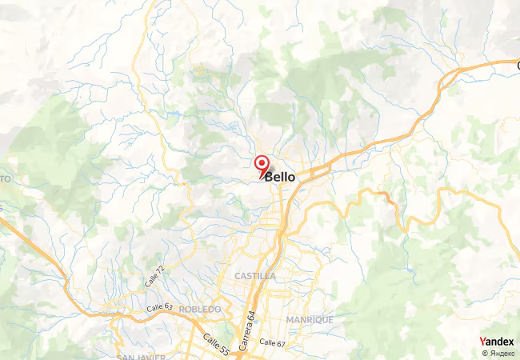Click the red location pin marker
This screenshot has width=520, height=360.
coord(262,165)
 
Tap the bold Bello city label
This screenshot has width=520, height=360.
coord(280,177)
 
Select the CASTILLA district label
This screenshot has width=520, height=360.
coord(255,276)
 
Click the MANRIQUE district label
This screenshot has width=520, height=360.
coord(310,319)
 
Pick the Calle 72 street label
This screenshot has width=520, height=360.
coord(157,279)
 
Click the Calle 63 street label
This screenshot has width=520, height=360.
coord(160,307)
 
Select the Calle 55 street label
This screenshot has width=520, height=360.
coord(215,343)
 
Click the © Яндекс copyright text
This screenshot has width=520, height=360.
coord(498,353)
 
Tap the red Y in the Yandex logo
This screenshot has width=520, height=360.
coord(482,342)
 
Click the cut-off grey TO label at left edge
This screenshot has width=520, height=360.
coord(5,179)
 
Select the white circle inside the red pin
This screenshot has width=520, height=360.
coord(262,162)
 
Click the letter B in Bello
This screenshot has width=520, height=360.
coord(270,177)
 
